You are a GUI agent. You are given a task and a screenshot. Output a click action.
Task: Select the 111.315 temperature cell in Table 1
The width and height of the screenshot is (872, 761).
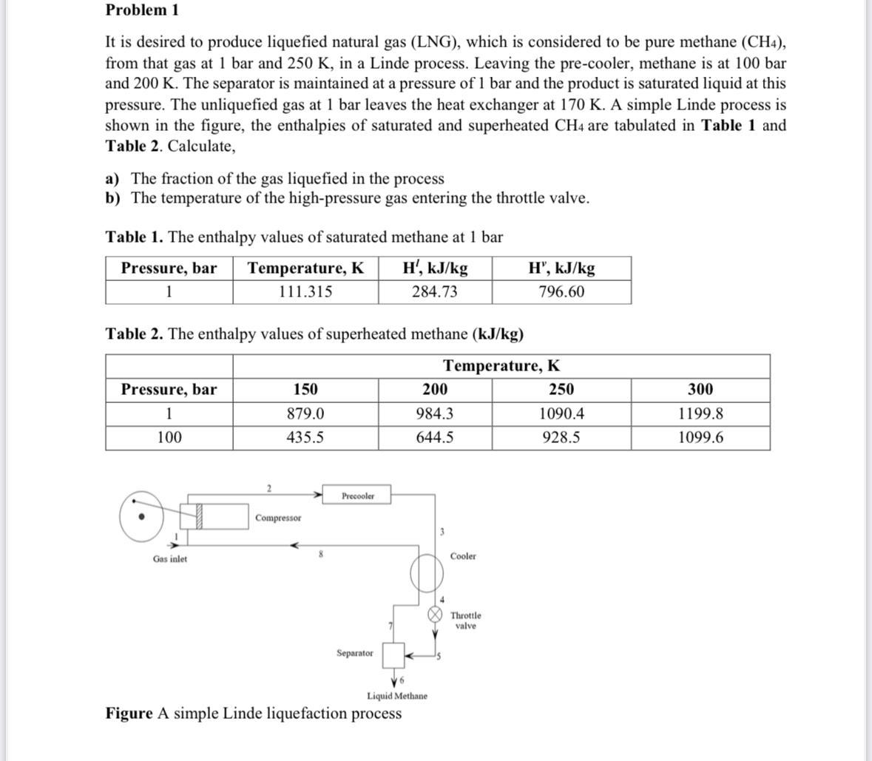pos(305,291)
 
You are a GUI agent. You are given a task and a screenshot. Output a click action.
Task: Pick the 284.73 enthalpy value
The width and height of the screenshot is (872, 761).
pos(434,291)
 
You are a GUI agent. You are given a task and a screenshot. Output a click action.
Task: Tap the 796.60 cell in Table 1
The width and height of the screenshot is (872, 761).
pos(561,291)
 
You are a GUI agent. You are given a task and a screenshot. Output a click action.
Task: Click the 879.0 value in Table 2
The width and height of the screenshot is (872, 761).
pos(305,413)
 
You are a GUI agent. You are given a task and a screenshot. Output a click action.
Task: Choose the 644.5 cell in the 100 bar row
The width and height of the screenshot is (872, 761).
pos(434,438)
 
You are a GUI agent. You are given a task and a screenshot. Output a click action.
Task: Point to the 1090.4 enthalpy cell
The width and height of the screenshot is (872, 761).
pos(561,413)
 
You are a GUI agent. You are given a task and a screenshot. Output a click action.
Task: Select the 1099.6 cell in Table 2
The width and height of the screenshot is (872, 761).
pos(700,438)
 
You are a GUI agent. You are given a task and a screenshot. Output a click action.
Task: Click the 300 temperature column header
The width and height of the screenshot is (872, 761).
pos(700,390)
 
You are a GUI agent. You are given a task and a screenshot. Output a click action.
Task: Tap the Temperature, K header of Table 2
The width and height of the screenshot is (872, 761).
pos(501,366)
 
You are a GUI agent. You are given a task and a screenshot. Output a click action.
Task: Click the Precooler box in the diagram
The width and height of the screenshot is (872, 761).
pos(358,496)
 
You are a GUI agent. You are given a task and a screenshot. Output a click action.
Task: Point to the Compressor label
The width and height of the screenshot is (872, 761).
pos(278,518)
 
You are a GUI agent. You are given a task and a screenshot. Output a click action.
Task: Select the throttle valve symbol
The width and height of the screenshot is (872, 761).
pos(437,615)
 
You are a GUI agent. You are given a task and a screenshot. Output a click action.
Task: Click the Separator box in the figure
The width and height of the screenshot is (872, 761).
pos(393,654)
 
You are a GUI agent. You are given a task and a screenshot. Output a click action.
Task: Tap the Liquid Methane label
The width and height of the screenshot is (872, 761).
pos(396,696)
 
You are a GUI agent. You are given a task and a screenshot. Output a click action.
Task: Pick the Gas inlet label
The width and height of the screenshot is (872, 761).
pos(169,559)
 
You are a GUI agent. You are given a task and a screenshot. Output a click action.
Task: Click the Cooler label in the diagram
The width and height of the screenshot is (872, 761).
pos(463,556)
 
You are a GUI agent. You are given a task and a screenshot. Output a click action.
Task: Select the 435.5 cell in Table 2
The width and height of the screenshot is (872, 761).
pos(305,438)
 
